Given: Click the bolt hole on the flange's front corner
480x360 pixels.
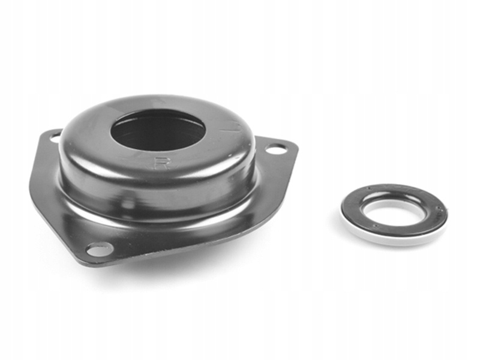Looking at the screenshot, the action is pos(98,248).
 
